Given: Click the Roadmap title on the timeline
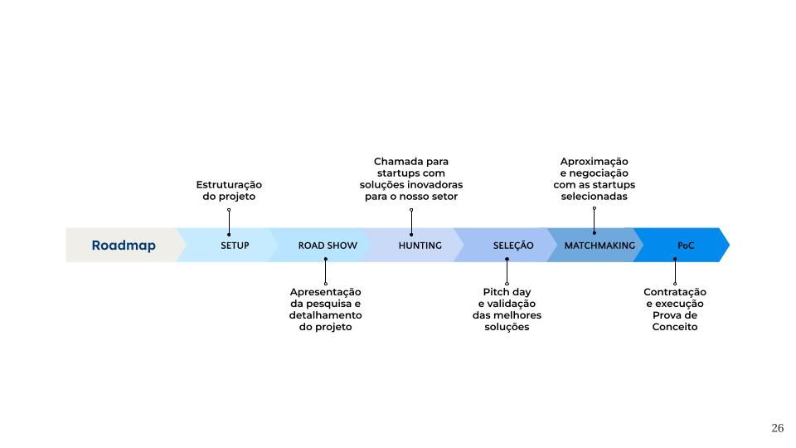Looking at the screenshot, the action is [124, 246].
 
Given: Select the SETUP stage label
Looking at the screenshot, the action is [235, 246].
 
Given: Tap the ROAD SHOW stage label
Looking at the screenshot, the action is [328, 246].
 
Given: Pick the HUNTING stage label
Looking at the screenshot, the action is [420, 246].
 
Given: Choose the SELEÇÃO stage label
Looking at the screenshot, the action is [513, 246].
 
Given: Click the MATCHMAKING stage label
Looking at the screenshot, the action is [599, 246].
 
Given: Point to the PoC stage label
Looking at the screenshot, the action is [686, 246].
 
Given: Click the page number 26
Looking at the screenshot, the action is [777, 428].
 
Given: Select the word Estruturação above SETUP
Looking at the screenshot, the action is [229, 185].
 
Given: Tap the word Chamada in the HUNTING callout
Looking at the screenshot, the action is [395, 162].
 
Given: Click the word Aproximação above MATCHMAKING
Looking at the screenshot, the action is [594, 162].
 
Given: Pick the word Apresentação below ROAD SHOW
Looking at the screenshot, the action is [325, 293].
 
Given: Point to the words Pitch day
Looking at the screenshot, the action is [507, 293].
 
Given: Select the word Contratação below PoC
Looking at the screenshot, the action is [675, 293].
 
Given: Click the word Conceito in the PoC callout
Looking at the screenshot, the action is [675, 327].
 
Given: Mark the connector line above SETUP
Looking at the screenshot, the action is [229, 222].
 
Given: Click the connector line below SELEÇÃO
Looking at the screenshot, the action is [507, 271].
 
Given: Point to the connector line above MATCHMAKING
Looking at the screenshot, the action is [594, 221].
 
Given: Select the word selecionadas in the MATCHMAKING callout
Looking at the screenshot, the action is [594, 197].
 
